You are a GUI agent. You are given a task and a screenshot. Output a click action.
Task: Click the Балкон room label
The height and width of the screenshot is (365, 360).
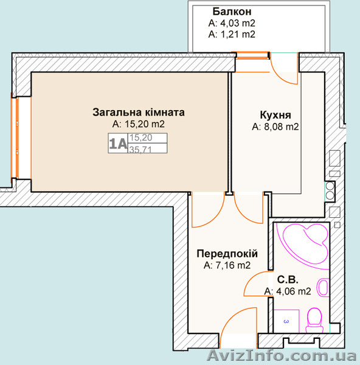tap(232, 12)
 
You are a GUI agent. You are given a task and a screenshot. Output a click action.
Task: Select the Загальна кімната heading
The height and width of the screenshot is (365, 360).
tap(139, 112)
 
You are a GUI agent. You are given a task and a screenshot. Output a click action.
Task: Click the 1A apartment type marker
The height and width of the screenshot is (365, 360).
tap(118, 144)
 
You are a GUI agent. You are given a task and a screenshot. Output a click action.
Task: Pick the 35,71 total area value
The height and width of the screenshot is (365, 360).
tap(140, 149)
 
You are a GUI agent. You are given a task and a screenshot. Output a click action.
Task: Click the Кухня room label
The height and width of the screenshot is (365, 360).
tap(275, 115)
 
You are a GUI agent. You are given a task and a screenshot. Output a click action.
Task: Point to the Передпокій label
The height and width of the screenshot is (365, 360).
tap(227, 254)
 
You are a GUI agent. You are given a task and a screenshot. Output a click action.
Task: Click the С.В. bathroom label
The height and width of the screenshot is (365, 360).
tap(288, 280)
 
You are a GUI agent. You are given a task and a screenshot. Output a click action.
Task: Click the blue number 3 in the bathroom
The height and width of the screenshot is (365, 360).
tap(286, 321)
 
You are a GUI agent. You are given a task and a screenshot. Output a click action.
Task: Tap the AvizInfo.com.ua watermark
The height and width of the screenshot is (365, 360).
tap(282, 356)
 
